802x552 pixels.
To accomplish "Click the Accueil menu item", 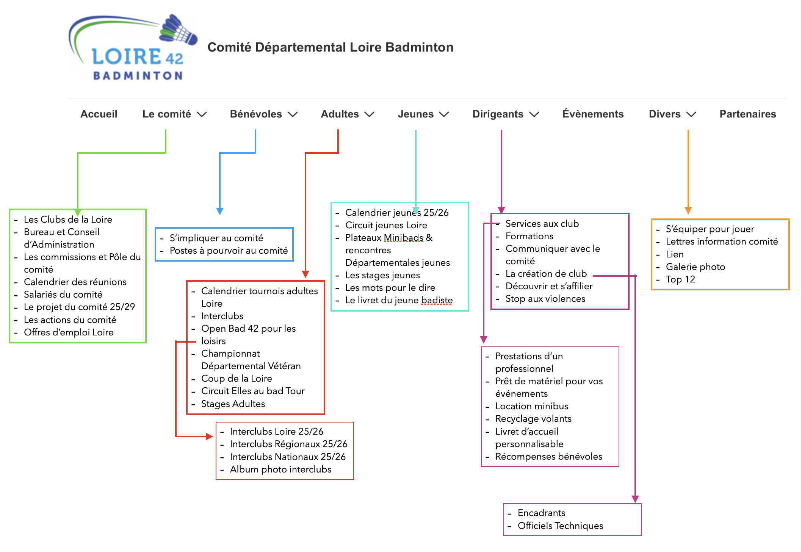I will click(99, 114).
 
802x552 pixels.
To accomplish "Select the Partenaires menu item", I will click(747, 114).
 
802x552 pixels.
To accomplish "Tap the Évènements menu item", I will click(593, 114).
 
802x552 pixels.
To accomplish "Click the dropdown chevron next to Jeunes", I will click(444, 114).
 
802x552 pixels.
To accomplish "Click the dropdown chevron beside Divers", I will click(691, 114).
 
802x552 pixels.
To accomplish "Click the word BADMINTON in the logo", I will click(138, 76).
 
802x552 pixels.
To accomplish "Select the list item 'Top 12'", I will click(680, 279).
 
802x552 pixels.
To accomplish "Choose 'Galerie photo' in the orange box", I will click(695, 267).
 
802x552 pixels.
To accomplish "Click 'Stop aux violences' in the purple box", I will click(545, 299).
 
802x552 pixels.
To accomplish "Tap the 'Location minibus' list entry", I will click(531, 406).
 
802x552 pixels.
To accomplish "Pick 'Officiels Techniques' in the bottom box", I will click(560, 525).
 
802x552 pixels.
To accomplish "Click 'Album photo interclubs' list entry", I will click(280, 469).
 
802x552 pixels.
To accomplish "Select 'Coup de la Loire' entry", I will click(237, 379).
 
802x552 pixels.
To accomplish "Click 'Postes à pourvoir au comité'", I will click(229, 251).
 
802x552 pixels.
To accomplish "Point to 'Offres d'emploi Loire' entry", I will click(69, 332).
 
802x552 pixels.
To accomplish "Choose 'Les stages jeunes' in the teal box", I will click(382, 275).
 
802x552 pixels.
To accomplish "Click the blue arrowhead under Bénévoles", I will click(220, 211).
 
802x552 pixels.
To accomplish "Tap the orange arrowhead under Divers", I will click(688, 211).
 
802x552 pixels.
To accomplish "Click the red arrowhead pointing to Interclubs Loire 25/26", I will click(209, 437).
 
